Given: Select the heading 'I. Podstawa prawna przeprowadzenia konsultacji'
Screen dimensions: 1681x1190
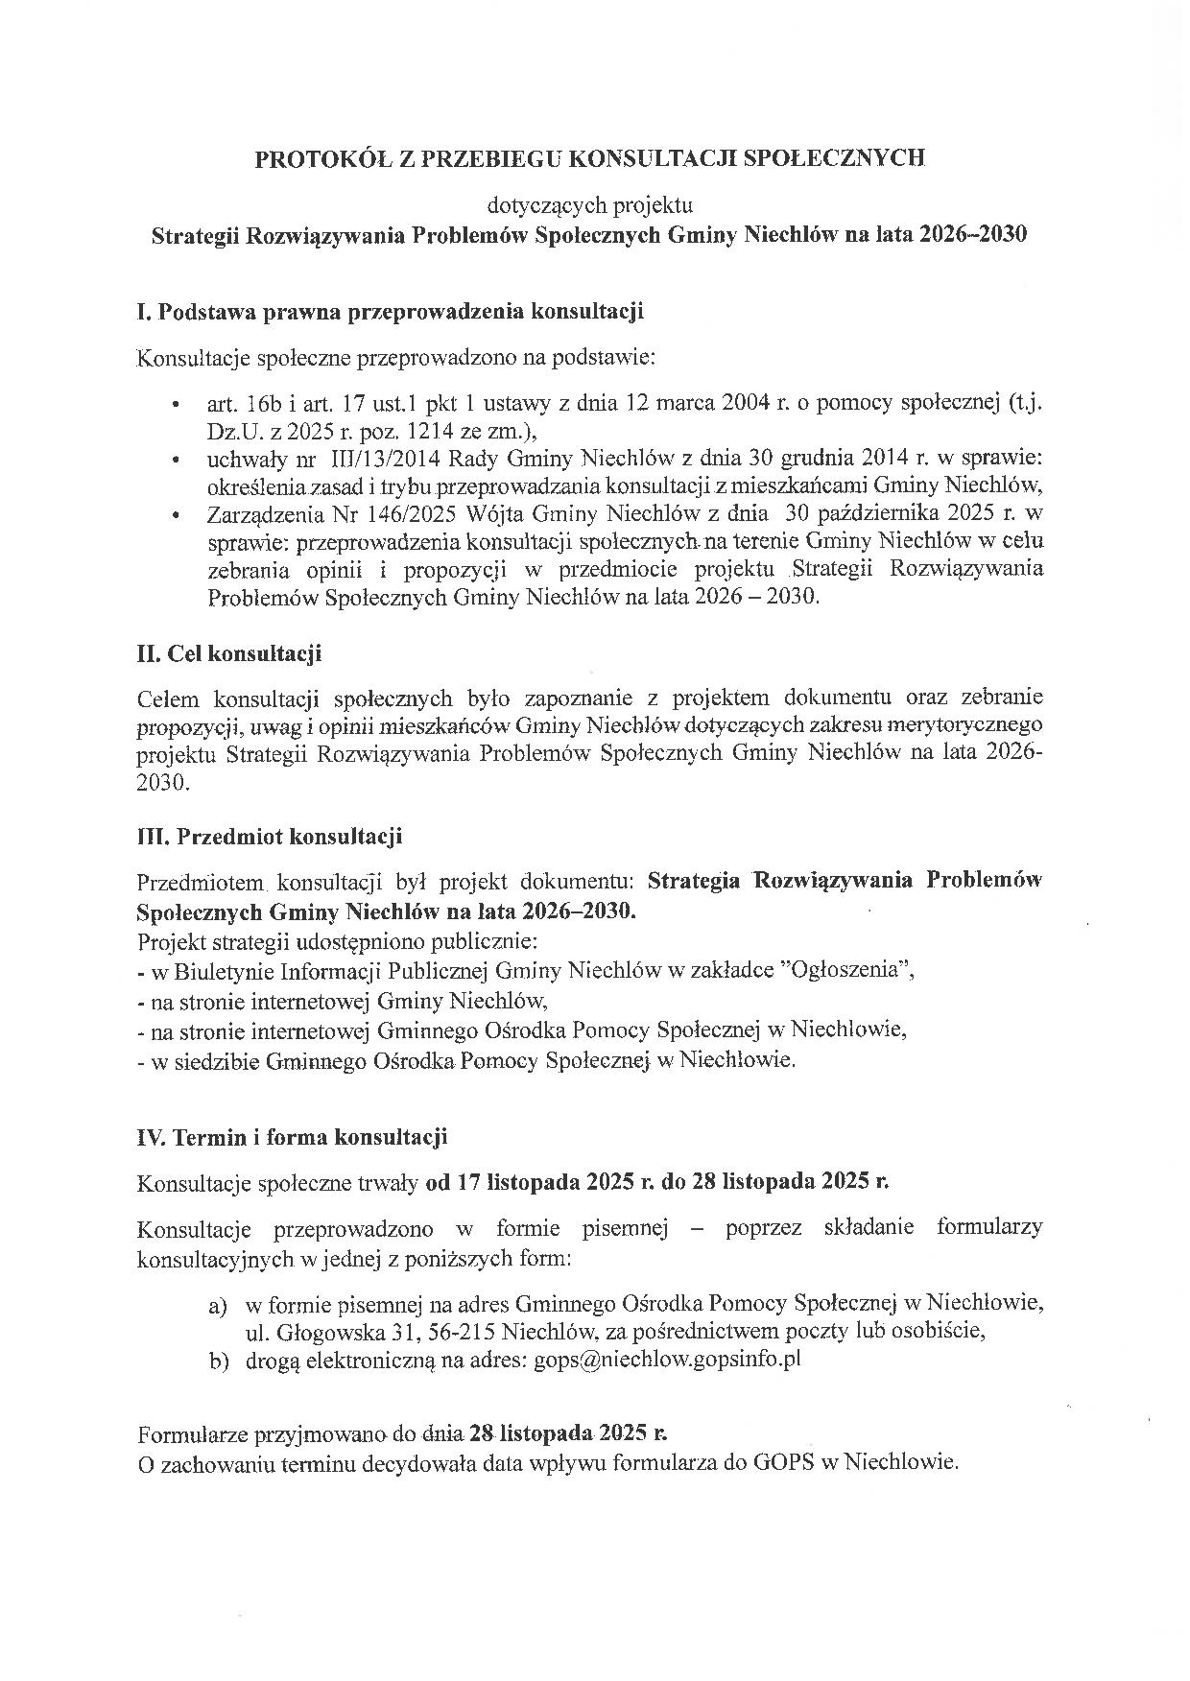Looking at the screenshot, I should pos(390,312).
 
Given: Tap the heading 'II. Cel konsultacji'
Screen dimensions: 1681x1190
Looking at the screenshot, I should pos(229,654).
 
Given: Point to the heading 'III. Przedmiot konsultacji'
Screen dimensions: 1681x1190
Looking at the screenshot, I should pos(270,836).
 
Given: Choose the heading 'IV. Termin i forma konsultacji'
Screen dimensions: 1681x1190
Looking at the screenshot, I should pos(293,1138).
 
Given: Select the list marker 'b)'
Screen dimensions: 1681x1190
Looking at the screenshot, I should pos(218,1360).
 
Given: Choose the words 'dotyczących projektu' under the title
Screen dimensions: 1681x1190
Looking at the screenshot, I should pos(590,205).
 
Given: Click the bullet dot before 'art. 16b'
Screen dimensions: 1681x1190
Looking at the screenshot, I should pos(175,404).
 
